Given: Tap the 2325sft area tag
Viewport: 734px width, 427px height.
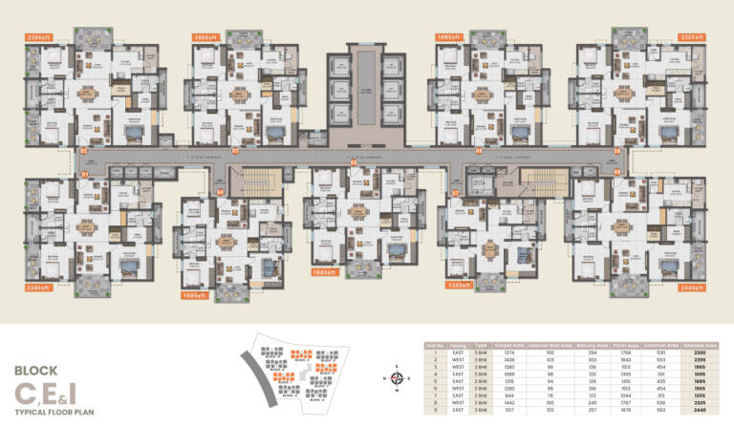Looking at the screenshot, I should (690, 37).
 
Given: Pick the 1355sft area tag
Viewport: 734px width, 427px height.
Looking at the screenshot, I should (462, 285).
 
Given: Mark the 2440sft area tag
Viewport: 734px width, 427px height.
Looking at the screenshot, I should (690, 287).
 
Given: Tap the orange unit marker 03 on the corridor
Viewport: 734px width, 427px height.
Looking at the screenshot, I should (235, 151).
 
